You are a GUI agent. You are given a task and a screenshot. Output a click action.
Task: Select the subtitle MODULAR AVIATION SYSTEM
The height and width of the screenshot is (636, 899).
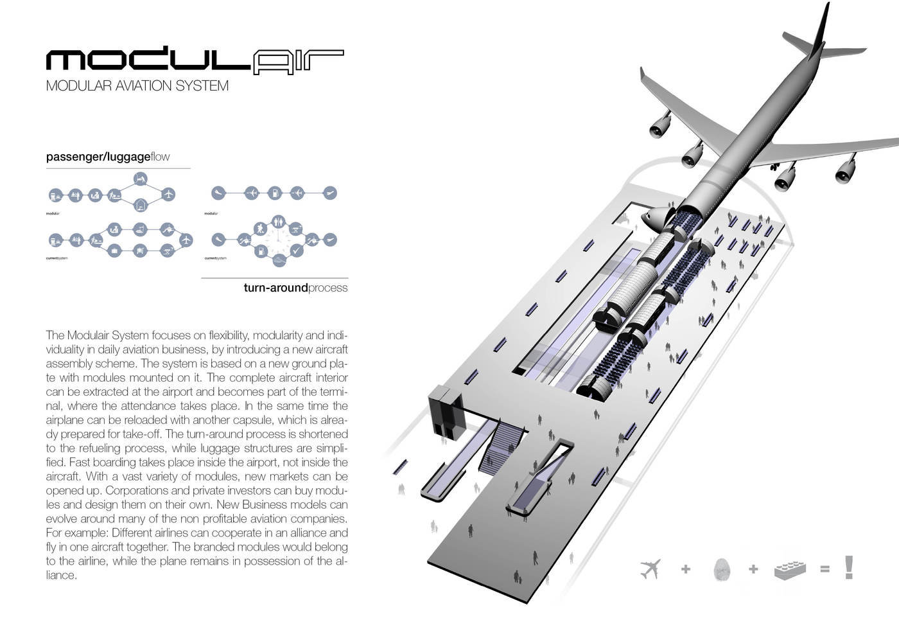point(137,86)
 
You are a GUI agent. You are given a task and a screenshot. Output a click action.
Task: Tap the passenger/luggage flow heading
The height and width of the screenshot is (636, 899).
point(108,157)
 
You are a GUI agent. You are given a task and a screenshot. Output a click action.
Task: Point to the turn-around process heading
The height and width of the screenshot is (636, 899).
point(295,288)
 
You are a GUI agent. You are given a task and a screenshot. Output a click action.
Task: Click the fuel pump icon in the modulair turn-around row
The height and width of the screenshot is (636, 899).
point(274,193)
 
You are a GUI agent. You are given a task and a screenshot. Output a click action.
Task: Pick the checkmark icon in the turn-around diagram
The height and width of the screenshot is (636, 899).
point(297,251)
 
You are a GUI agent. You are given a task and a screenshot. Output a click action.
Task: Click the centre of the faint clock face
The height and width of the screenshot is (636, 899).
point(278,243)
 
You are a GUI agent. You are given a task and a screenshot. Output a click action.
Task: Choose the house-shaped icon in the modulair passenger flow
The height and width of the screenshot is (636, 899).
point(141,206)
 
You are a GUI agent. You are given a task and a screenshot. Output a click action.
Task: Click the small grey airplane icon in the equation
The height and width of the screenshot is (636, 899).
point(650,569)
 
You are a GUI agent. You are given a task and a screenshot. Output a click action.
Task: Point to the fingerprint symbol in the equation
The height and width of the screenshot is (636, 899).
point(722,569)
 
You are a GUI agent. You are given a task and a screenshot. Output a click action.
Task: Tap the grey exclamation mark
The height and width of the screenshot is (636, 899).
point(850,567)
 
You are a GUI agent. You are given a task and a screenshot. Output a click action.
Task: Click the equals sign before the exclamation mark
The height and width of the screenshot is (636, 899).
point(825,569)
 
